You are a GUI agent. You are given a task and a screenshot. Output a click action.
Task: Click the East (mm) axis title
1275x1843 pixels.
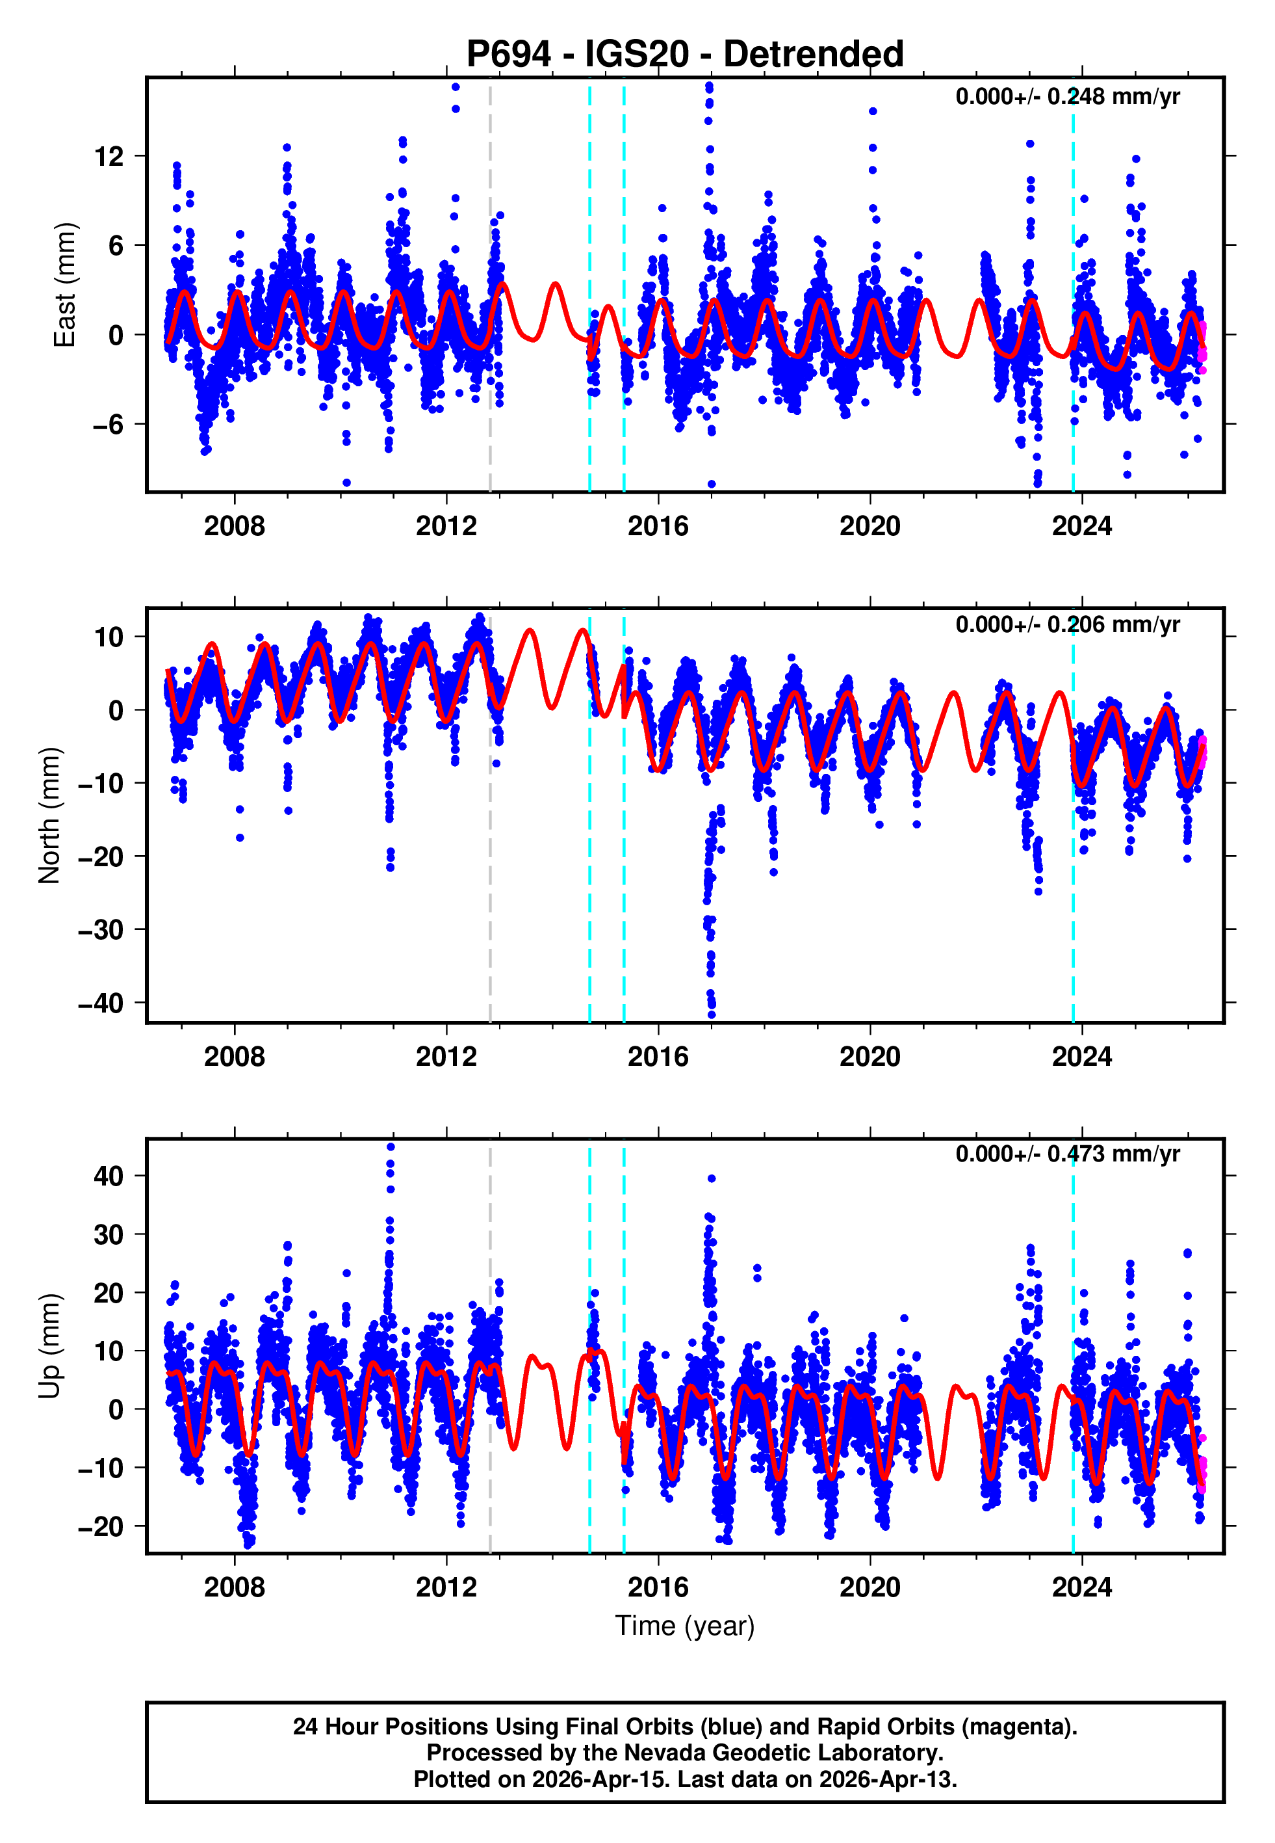click(64, 285)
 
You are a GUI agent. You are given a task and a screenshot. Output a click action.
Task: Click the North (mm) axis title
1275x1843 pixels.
click(49, 815)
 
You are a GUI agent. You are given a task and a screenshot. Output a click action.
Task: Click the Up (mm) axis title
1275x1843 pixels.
click(49, 1346)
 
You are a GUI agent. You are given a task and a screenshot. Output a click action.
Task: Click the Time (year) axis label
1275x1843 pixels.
click(685, 1626)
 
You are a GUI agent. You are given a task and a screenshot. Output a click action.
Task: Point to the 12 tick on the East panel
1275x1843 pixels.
click(109, 157)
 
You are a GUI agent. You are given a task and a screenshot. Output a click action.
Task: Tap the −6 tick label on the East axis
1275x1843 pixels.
click(107, 425)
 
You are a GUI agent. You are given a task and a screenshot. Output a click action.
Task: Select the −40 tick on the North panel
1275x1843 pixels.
click(101, 1003)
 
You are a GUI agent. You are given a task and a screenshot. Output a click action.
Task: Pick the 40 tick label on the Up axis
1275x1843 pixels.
click(109, 1176)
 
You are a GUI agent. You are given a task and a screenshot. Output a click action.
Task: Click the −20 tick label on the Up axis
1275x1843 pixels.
click(101, 1526)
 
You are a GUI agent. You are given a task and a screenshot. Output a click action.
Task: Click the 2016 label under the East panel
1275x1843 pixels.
click(658, 526)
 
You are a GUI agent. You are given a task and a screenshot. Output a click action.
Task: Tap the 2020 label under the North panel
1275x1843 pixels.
click(869, 1057)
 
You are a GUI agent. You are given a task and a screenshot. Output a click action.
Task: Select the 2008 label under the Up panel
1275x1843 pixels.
click(234, 1587)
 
